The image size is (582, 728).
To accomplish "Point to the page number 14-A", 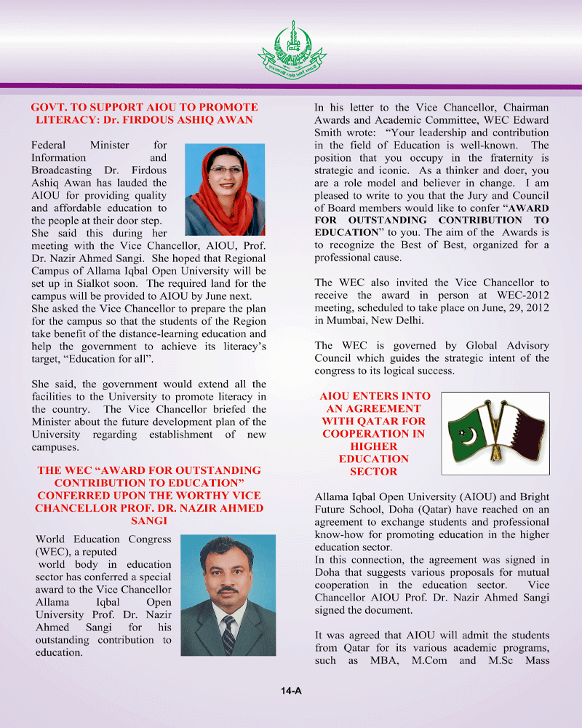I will coord(291,690).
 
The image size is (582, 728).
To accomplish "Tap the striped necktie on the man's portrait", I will coord(228,633).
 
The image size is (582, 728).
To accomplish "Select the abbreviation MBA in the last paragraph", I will coord(408,660).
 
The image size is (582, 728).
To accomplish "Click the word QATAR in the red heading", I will coord(389,421).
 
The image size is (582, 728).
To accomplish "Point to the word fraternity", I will coord(503,158).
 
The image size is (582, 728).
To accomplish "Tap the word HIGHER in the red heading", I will coord(373,446).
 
